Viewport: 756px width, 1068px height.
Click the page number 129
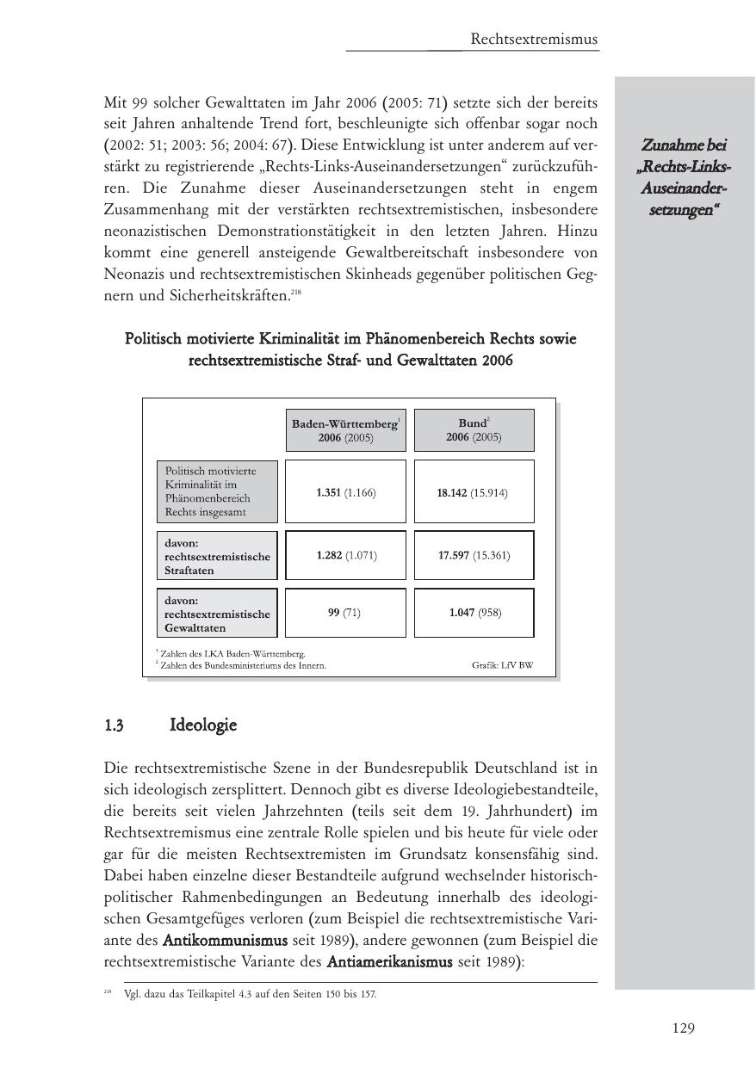[x=683, y=1028]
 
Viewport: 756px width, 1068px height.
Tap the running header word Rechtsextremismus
[x=534, y=40]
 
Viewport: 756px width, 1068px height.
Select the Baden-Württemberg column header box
[x=345, y=430]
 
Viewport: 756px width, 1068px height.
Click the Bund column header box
[x=474, y=430]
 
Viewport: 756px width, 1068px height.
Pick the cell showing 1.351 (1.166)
[x=345, y=493]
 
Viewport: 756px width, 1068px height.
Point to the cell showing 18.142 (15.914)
[x=474, y=493]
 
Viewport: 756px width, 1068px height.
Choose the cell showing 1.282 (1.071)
[x=345, y=555]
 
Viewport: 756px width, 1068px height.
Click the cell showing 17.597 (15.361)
[x=474, y=555]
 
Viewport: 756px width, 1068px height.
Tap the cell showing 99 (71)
[x=345, y=613]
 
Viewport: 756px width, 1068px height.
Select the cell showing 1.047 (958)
[x=474, y=613]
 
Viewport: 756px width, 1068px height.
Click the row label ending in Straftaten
[x=217, y=556]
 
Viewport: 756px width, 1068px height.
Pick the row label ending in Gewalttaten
[x=217, y=614]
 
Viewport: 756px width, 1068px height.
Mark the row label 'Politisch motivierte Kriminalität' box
[x=217, y=491]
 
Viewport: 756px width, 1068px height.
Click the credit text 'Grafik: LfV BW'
[x=502, y=664]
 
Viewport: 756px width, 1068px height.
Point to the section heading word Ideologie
[x=203, y=725]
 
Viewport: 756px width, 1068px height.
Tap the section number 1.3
[x=114, y=725]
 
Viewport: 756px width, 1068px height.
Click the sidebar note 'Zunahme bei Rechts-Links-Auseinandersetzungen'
[x=685, y=177]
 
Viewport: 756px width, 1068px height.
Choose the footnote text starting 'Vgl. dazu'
[x=250, y=995]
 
